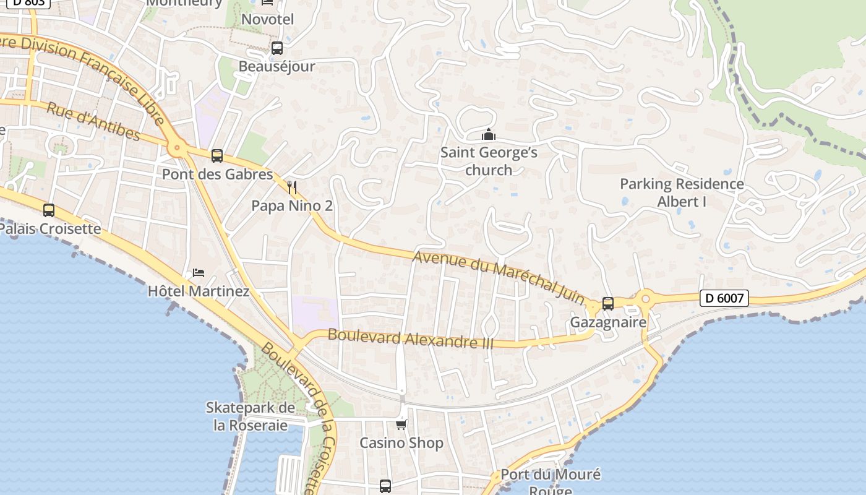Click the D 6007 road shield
[724, 298]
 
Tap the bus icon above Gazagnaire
[607, 304]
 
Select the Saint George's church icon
[489, 134]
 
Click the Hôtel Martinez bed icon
[199, 272]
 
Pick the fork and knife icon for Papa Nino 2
[292, 187]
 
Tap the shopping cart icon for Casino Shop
[401, 424]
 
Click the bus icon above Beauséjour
[277, 48]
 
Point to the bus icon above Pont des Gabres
[216, 156]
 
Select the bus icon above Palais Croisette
[49, 210]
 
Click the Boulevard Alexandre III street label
[410, 338]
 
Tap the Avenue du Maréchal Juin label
[499, 277]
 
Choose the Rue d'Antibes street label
[93, 121]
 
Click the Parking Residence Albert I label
[682, 192]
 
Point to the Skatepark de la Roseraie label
[250, 416]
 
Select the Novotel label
[267, 19]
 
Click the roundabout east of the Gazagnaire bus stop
[646, 299]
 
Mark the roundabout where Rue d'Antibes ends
[178, 148]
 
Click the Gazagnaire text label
[607, 322]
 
